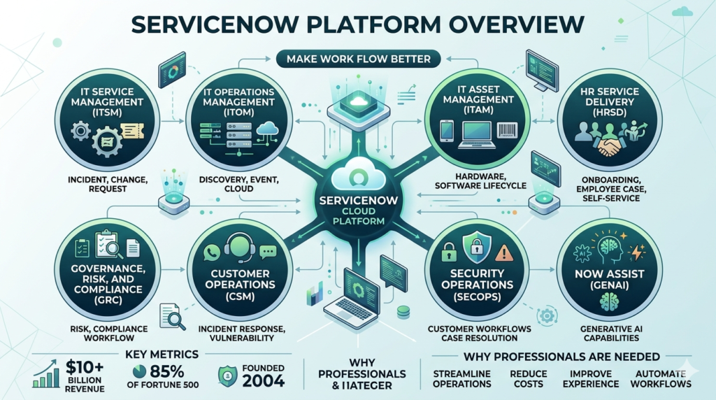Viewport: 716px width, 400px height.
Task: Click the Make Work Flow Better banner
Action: coord(358,59)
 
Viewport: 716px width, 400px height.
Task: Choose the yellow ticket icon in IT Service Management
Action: coord(131,131)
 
